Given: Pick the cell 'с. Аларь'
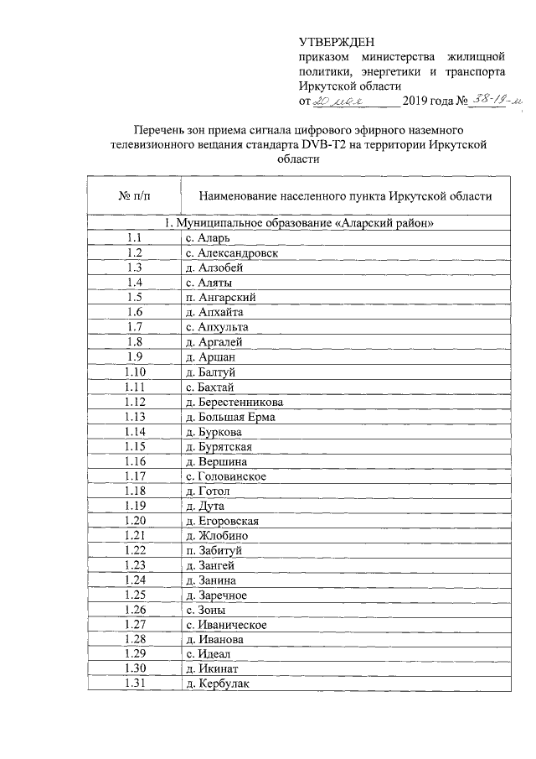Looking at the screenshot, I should pyautogui.click(x=204, y=238).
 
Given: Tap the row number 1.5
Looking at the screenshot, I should pyautogui.click(x=135, y=297).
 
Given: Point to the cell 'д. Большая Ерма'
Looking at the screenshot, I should pyautogui.click(x=230, y=416).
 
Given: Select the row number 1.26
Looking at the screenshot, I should pyautogui.click(x=135, y=609).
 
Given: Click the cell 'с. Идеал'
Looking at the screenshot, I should pyautogui.click(x=208, y=654).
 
